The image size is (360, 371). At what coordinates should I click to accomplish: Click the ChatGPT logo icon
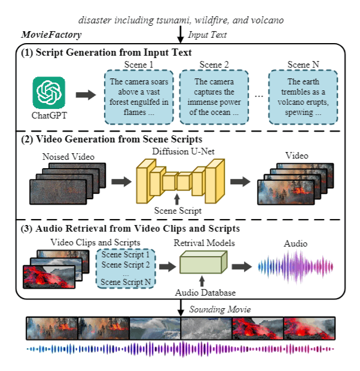(49, 93)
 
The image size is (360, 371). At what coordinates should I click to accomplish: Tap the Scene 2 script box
(213, 97)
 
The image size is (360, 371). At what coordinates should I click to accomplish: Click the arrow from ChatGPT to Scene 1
(86, 94)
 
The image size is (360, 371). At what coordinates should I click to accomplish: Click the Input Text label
(208, 36)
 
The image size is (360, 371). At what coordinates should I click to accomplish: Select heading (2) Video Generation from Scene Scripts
(112, 139)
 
